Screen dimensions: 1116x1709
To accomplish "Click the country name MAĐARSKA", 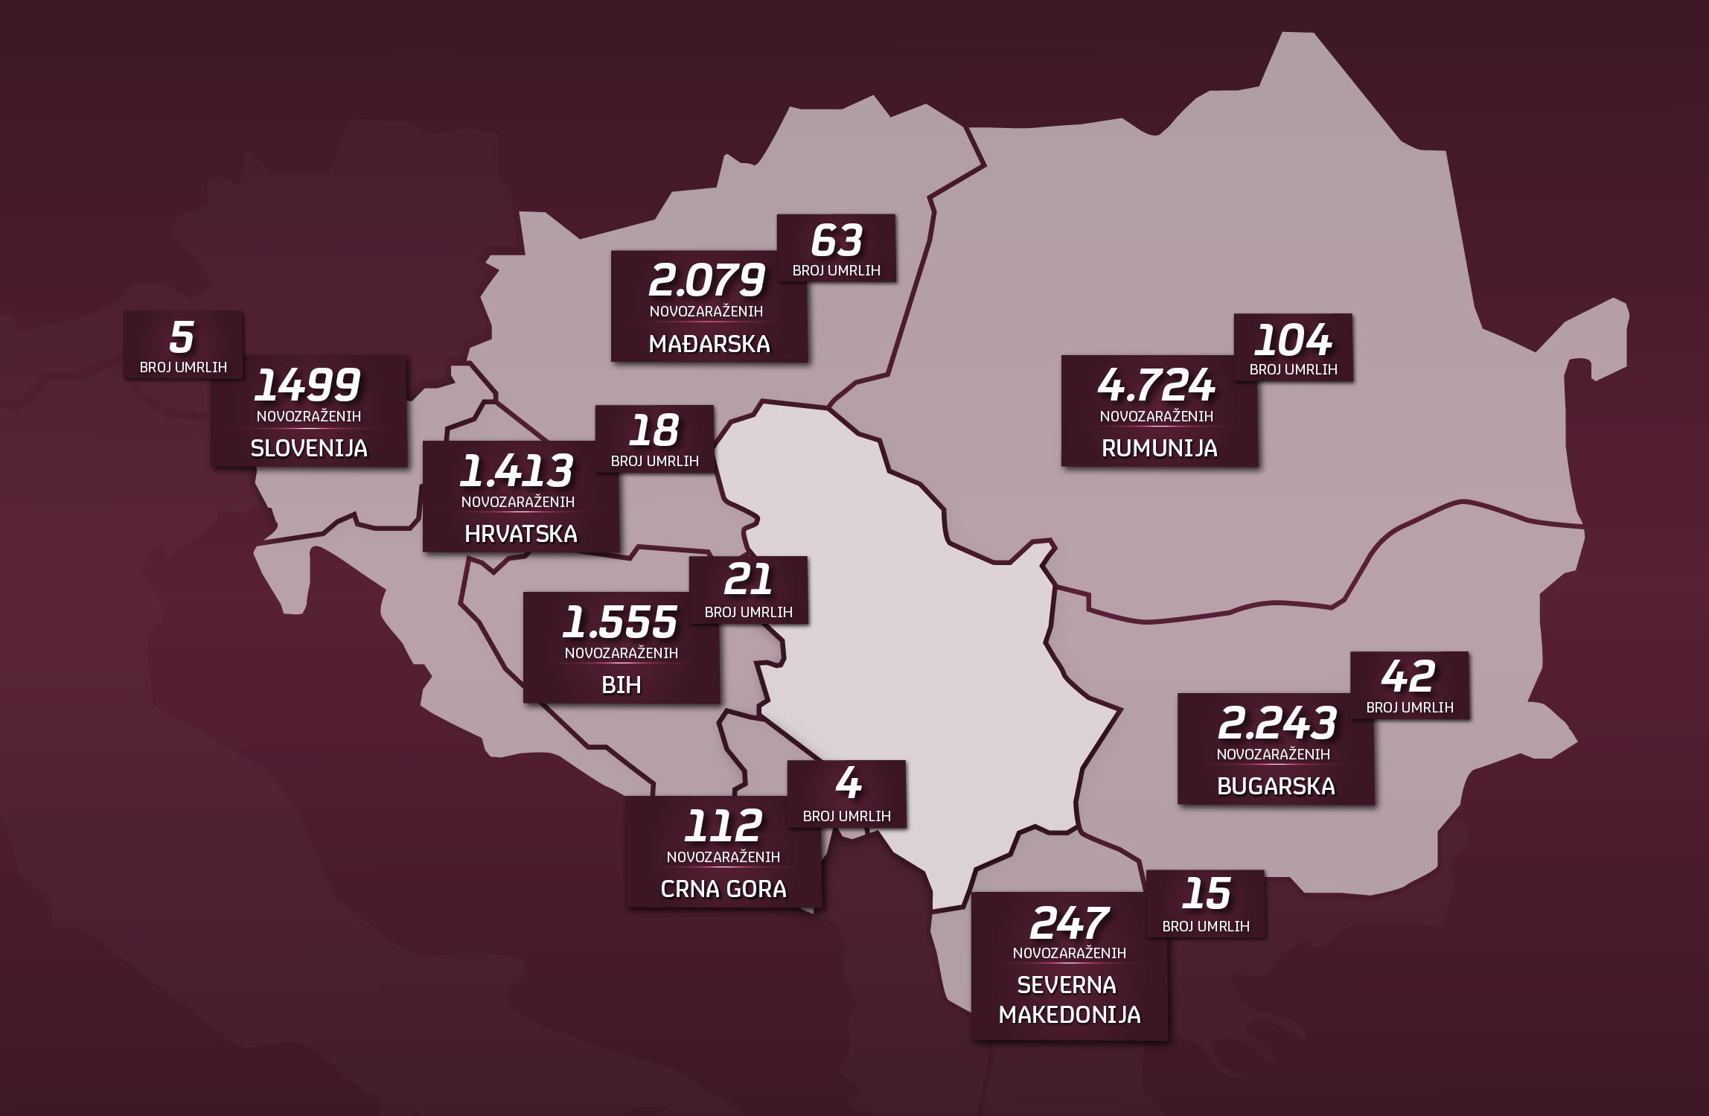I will click(x=709, y=344).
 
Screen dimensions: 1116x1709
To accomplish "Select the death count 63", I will click(x=837, y=240).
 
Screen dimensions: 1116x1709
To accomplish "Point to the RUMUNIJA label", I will click(x=1159, y=448).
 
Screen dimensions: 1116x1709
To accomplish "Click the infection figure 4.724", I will click(x=1157, y=386).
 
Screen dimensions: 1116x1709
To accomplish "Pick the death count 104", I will click(x=1293, y=341).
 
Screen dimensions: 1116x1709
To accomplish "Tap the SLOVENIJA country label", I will click(x=309, y=448).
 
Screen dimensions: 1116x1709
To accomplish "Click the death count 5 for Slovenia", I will click(x=182, y=337).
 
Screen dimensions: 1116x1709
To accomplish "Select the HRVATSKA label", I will click(x=520, y=534).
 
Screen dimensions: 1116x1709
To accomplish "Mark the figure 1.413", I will click(x=518, y=471).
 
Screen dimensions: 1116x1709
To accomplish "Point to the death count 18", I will click(x=655, y=430).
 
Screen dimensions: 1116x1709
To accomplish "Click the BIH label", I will click(x=622, y=685).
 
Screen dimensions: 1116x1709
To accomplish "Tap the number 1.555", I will click(x=621, y=622).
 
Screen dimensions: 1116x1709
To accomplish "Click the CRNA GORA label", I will click(x=723, y=889).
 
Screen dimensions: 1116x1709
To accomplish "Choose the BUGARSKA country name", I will click(x=1276, y=786).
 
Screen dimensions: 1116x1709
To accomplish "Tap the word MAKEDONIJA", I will click(x=1070, y=1015).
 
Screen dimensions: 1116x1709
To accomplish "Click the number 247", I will click(x=1070, y=923).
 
